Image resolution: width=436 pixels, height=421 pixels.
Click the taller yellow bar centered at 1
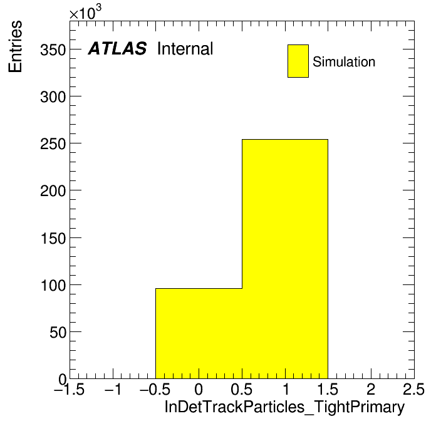pyautogui.click(x=285, y=259)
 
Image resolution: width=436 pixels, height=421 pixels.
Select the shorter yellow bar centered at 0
pyautogui.click(x=199, y=333)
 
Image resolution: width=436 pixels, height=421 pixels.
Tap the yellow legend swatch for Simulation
pyautogui.click(x=298, y=61)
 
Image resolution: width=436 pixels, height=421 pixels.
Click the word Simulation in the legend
pyautogui.click(x=344, y=62)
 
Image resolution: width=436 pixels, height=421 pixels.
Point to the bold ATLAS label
pyautogui.click(x=117, y=48)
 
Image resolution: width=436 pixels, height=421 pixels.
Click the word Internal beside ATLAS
pyautogui.click(x=185, y=49)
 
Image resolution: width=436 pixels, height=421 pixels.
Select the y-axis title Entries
pyautogui.click(x=15, y=46)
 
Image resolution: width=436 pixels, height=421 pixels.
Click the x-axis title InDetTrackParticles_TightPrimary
pyautogui.click(x=284, y=407)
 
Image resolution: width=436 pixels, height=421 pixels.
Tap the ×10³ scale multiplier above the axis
pyautogui.click(x=85, y=12)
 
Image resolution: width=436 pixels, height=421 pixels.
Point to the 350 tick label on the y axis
pyautogui.click(x=53, y=50)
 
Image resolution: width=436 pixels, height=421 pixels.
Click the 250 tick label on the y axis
pyautogui.click(x=53, y=144)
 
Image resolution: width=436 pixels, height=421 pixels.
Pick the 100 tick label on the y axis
pyautogui.click(x=53, y=286)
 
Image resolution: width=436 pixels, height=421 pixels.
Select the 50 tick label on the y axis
pyautogui.click(x=58, y=333)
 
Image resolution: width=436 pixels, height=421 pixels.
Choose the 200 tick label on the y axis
pyautogui.click(x=53, y=191)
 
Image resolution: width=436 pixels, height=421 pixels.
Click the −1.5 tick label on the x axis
pyautogui.click(x=70, y=389)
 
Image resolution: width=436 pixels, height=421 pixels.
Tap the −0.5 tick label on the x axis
pyautogui.click(x=155, y=389)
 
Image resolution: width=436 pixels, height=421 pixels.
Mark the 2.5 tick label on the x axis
pyautogui.click(x=413, y=389)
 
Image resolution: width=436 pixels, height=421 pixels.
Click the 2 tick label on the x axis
pyautogui.click(x=371, y=389)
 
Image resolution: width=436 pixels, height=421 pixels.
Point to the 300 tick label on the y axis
pyautogui.click(x=53, y=97)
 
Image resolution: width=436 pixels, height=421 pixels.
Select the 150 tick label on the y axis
pyautogui.click(x=53, y=239)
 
